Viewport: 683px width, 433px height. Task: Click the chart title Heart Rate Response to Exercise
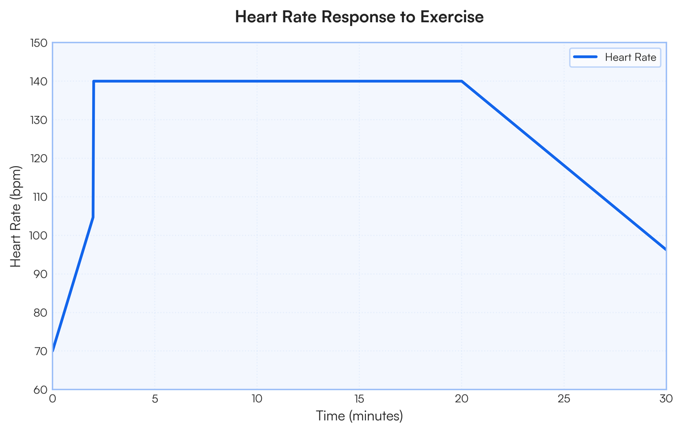pyautogui.click(x=359, y=17)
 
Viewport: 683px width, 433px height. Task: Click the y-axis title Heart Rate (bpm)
pyautogui.click(x=17, y=216)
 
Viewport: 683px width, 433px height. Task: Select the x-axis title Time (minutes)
pyautogui.click(x=359, y=416)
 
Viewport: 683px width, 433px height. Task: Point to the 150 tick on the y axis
pyautogui.click(x=40, y=43)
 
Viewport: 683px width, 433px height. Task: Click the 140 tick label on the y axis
pyautogui.click(x=40, y=81)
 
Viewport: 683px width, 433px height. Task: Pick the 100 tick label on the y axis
pyautogui.click(x=40, y=236)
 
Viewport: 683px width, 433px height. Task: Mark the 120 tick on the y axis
pyautogui.click(x=40, y=159)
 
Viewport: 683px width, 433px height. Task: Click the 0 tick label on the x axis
pyautogui.click(x=53, y=399)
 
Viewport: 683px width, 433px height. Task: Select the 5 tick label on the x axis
pyautogui.click(x=155, y=399)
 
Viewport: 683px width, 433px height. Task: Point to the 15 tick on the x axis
pyautogui.click(x=359, y=399)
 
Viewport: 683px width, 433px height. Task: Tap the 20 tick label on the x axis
pyautogui.click(x=462, y=399)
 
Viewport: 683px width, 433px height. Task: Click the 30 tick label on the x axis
pyautogui.click(x=665, y=399)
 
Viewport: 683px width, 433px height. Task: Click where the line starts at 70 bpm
pyautogui.click(x=53, y=351)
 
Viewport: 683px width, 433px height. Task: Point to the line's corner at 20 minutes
pyautogui.click(x=462, y=81)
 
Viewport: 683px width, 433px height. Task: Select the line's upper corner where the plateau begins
pyautogui.click(x=94, y=81)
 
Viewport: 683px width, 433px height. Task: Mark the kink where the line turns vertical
pyautogui.click(x=93, y=217)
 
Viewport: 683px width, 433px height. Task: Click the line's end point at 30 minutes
pyautogui.click(x=665, y=249)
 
